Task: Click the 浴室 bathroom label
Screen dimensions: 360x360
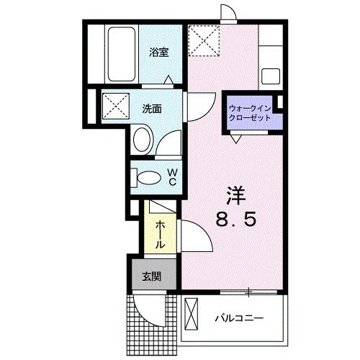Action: pyautogui.click(x=159, y=53)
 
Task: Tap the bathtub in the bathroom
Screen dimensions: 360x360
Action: pyautogui.click(x=122, y=54)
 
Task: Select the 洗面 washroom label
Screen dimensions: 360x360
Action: pyautogui.click(x=152, y=109)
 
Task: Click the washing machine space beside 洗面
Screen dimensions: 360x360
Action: pyautogui.click(x=116, y=106)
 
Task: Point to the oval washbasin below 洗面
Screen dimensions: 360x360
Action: pyautogui.click(x=143, y=140)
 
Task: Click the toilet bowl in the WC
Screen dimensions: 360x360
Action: pyautogui.click(x=149, y=178)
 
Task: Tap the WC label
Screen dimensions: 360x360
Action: pyautogui.click(x=173, y=177)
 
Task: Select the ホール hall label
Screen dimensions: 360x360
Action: pyautogui.click(x=160, y=235)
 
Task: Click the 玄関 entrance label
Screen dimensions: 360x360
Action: pyautogui.click(x=151, y=277)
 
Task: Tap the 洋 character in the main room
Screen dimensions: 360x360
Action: pyautogui.click(x=236, y=196)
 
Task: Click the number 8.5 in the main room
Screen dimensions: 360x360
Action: pyautogui.click(x=235, y=220)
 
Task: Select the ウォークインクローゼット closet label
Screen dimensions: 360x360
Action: pyautogui.click(x=250, y=113)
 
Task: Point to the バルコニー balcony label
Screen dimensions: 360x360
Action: pyautogui.click(x=239, y=319)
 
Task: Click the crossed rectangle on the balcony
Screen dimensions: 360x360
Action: pyautogui.click(x=191, y=314)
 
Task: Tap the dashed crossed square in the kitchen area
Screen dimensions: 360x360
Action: pyautogui.click(x=204, y=40)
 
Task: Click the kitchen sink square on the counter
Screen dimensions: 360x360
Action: pyautogui.click(x=271, y=76)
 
